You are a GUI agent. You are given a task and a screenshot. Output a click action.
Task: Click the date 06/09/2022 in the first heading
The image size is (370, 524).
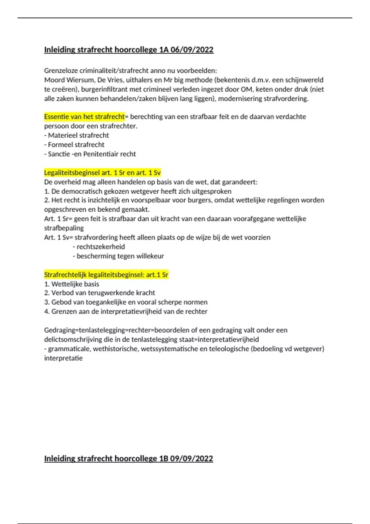click(x=192, y=50)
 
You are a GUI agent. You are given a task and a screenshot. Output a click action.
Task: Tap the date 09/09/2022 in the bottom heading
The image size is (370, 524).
click(x=191, y=458)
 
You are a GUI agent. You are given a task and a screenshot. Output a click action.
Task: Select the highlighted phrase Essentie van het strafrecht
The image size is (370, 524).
click(x=84, y=117)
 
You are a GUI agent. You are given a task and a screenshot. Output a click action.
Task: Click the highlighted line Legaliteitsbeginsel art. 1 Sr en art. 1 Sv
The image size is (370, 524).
click(x=102, y=173)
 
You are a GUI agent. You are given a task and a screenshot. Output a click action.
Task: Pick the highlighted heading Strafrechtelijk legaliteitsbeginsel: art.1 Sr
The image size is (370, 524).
click(x=106, y=275)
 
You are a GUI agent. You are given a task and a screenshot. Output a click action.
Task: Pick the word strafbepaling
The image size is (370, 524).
click(x=64, y=228)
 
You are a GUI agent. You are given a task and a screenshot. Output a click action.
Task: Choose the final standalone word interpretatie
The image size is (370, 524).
click(x=63, y=358)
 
